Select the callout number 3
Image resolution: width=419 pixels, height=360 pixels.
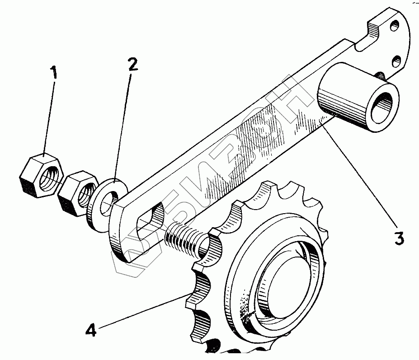click(399, 238)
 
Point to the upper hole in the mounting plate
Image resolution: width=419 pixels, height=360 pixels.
click(395, 26)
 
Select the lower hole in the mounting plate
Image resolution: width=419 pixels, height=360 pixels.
click(397, 60)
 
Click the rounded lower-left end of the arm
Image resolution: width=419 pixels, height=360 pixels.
click(118, 248)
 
